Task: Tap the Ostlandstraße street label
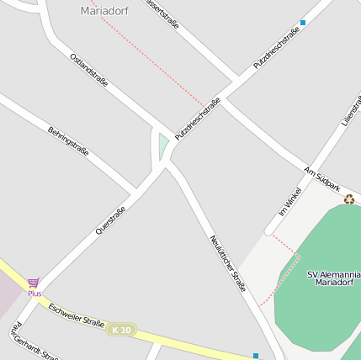coord(89,71)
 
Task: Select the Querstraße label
coord(111,220)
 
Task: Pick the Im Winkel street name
coord(289,203)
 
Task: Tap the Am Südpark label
coord(322,177)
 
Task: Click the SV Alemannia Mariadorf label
coord(334,278)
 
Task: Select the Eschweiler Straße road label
coord(77,315)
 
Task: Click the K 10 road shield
coord(121,330)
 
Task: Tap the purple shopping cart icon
coord(34,283)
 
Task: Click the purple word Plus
coord(35,294)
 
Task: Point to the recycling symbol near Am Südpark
coord(348,199)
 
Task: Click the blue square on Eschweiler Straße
coord(256,356)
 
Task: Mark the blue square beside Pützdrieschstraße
coord(303,23)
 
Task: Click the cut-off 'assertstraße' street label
coord(162,13)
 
